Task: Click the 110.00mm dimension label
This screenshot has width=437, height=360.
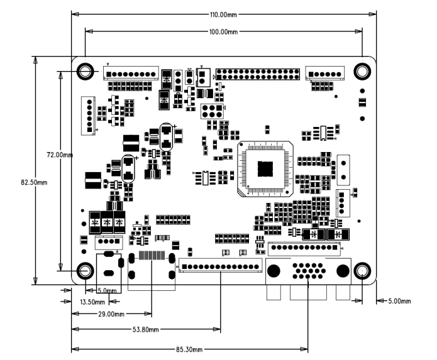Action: [223, 14]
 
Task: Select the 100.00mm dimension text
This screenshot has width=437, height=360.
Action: [223, 32]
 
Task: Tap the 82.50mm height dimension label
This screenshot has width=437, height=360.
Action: [34, 183]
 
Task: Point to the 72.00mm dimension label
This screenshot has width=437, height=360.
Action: [60, 155]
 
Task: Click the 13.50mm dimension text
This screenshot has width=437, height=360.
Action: [92, 302]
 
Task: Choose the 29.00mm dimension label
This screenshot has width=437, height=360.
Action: [111, 314]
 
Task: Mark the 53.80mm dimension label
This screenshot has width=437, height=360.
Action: [145, 330]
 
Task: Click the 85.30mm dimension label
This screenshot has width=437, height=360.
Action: [189, 349]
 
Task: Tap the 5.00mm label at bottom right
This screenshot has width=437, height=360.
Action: [400, 301]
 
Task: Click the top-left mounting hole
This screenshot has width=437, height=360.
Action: [86, 71]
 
